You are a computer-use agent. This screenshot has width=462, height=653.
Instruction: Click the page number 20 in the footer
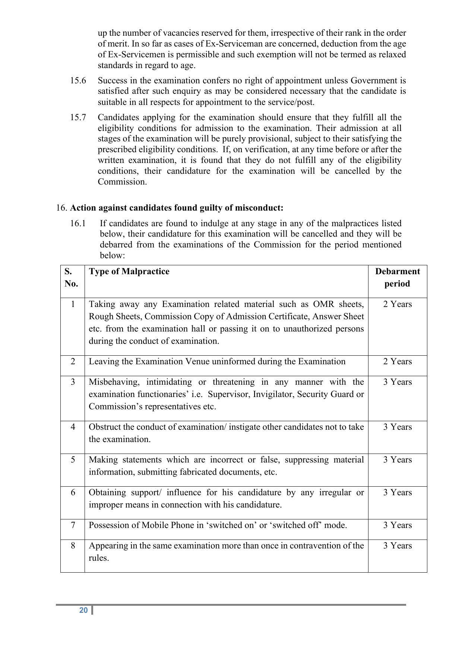83,610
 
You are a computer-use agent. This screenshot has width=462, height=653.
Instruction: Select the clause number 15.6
78,80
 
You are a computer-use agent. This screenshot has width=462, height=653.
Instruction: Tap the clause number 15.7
78,117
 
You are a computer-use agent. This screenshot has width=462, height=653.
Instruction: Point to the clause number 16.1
78,223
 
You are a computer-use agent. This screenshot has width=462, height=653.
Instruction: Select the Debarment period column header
397,277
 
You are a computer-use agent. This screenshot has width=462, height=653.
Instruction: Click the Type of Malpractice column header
129,271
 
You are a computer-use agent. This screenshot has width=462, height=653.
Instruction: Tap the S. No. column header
71,277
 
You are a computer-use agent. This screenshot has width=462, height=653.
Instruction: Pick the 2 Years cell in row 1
397,304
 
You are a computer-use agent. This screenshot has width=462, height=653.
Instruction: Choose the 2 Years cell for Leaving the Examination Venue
397,361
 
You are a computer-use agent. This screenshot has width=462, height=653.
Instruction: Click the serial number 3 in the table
73,382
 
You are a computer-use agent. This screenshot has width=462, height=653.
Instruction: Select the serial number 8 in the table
73,545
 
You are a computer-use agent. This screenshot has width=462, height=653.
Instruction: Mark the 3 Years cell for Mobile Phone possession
397,525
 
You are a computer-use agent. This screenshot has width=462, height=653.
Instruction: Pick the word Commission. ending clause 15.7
122,182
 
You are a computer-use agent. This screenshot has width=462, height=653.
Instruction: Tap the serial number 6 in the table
73,492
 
